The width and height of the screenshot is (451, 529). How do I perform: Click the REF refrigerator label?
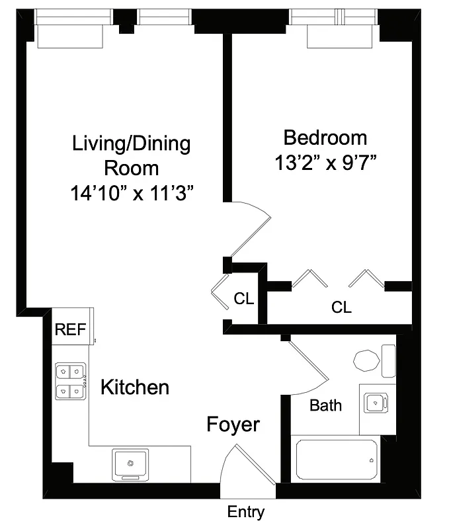click(x=70, y=330)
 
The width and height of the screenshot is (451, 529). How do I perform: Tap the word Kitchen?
click(x=134, y=387)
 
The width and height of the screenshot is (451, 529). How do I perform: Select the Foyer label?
click(x=233, y=424)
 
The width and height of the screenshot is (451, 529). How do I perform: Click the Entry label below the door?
click(x=246, y=511)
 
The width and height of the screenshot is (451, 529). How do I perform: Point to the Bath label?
click(x=326, y=405)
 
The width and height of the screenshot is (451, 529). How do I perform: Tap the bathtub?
click(x=337, y=460)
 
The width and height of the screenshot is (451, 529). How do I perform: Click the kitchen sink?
click(x=131, y=463)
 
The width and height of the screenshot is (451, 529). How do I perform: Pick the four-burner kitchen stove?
click(x=70, y=382)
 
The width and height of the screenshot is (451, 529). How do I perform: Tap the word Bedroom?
click(x=325, y=138)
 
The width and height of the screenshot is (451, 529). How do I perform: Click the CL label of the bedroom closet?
click(x=341, y=307)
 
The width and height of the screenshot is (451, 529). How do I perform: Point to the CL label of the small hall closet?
click(x=243, y=299)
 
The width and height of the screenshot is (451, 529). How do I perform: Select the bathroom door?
click(x=307, y=367)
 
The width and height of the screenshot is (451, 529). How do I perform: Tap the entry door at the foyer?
click(x=253, y=466)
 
